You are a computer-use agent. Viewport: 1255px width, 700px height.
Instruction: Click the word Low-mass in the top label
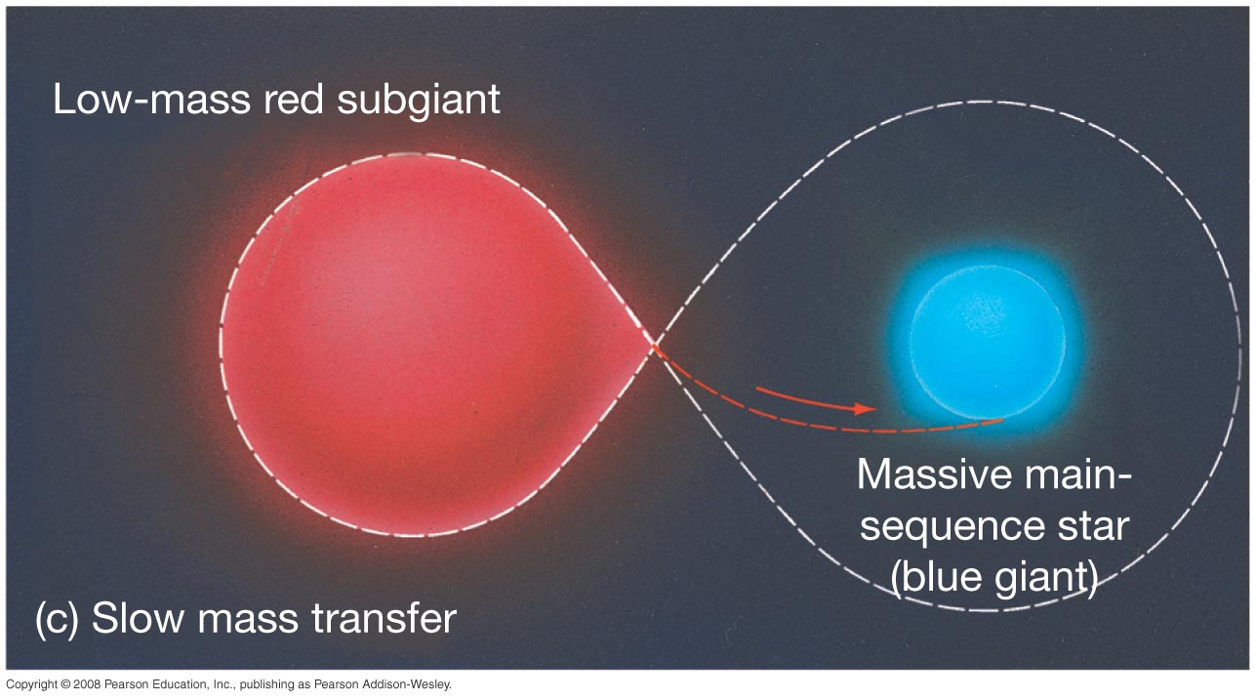coord(151,100)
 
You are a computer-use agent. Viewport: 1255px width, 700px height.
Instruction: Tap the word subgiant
coord(419,102)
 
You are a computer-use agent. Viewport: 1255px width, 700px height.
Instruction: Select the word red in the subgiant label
coord(294,100)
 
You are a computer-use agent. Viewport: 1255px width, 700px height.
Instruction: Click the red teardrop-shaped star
coord(425,345)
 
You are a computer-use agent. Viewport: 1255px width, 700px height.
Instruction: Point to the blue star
coord(988,342)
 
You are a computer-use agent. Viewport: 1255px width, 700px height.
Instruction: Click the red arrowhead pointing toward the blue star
coord(865,409)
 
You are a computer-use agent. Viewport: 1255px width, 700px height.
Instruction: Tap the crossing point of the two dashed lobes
coord(655,343)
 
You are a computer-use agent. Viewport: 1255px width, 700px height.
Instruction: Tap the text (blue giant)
coord(993,578)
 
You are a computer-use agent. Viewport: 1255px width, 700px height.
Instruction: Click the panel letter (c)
coord(57,619)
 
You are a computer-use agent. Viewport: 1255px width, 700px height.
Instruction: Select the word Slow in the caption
coord(138,619)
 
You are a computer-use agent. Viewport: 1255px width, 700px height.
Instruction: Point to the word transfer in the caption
coord(384,619)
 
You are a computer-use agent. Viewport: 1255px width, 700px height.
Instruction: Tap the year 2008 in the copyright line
coord(87,684)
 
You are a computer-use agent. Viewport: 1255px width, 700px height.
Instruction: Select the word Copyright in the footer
coord(31,685)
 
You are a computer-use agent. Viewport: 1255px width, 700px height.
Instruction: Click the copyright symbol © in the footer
coord(65,684)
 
